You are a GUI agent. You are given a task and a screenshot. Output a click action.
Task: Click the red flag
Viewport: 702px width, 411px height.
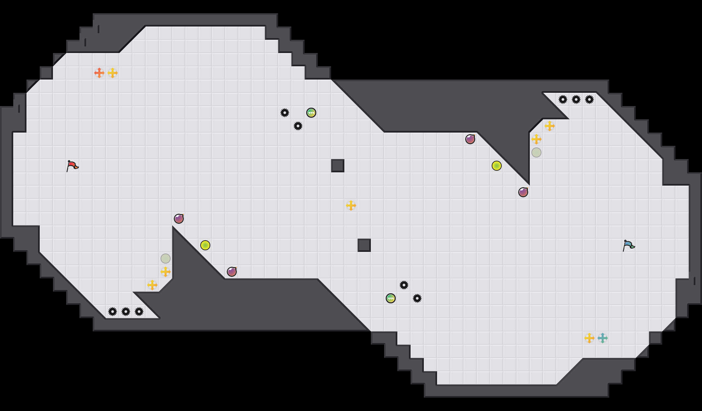pyautogui.click(x=72, y=166)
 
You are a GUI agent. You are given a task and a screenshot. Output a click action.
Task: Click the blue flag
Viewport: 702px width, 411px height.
pyautogui.click(x=628, y=245)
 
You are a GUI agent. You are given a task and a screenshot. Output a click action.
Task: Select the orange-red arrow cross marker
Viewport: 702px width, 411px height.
pyautogui.click(x=99, y=73)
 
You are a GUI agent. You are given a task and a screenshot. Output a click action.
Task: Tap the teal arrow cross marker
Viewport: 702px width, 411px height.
pyautogui.click(x=603, y=338)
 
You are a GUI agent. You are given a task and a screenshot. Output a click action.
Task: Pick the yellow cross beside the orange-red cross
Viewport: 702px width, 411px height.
pyautogui.click(x=113, y=73)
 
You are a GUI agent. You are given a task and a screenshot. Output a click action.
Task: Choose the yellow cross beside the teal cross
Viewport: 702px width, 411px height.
pyautogui.click(x=589, y=338)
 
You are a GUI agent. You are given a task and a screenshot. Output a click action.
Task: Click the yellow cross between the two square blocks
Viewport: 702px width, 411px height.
pyautogui.click(x=351, y=206)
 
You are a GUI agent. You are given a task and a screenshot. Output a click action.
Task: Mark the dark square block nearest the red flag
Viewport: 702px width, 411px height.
pyautogui.click(x=338, y=166)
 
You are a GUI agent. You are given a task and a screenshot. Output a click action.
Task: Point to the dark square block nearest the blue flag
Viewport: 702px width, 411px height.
pyautogui.click(x=364, y=245)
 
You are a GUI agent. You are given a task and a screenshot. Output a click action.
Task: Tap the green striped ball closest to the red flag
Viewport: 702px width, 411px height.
pyautogui.click(x=311, y=113)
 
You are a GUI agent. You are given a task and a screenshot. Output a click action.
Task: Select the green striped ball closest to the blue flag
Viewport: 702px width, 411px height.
pyautogui.click(x=391, y=298)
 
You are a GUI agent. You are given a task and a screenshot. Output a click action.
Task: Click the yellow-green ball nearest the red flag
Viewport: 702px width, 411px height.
pyautogui.click(x=205, y=245)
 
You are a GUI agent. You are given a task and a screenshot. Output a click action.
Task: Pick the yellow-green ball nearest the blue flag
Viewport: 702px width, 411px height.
pyautogui.click(x=497, y=166)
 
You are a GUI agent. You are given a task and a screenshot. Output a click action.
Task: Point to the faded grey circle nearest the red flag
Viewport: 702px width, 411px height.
pyautogui.click(x=166, y=259)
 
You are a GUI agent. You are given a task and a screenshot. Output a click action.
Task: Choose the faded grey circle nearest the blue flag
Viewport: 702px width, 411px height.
pyautogui.click(x=536, y=152)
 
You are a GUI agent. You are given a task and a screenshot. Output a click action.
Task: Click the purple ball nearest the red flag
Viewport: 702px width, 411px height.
pyautogui.click(x=179, y=219)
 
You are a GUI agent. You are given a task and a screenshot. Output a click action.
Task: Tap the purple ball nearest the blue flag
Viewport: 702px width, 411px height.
pyautogui.click(x=523, y=192)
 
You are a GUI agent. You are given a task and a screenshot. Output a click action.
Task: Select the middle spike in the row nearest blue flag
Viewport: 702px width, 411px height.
pyautogui.click(x=576, y=99)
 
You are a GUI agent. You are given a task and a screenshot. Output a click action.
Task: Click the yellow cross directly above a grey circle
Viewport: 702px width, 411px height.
pyautogui.click(x=536, y=139)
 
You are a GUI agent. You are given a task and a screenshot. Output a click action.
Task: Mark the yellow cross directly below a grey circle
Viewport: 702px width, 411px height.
pyautogui.click(x=166, y=272)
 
